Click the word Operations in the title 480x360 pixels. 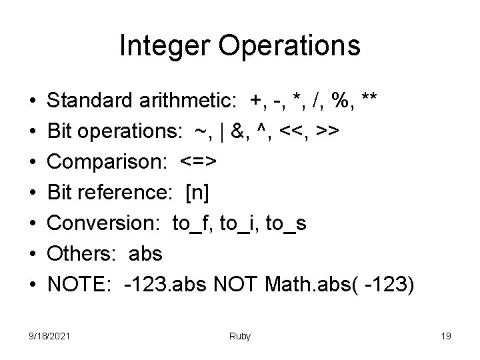[285, 46]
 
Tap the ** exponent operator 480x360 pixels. [369, 101]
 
